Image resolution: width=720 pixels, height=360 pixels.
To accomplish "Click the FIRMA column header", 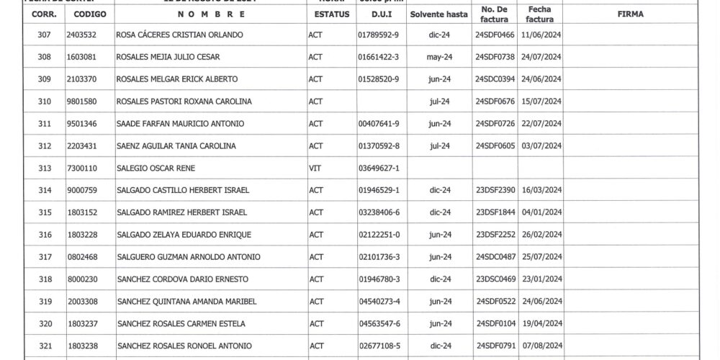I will tap(630, 14).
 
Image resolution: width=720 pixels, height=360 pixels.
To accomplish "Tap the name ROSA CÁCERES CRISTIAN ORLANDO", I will tap(179, 35).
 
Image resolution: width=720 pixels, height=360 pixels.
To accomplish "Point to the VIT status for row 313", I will tap(315, 168).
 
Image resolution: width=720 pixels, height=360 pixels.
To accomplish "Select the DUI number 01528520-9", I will tap(378, 79).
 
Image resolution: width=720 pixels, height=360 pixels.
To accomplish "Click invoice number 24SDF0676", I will tap(495, 102).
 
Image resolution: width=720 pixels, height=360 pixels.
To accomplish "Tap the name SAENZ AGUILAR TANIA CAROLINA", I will tap(176, 146).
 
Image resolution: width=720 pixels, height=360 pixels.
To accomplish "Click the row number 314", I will tap(45, 190).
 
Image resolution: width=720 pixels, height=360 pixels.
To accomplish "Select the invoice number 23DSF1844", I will tap(495, 212).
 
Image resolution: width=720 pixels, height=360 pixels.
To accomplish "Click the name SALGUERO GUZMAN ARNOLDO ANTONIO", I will tap(188, 257).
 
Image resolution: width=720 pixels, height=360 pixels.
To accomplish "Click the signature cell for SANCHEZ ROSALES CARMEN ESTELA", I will tap(630, 323).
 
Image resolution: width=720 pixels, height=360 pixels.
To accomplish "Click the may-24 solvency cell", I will tap(439, 57).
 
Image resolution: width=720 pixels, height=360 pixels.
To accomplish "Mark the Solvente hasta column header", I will tap(439, 14).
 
